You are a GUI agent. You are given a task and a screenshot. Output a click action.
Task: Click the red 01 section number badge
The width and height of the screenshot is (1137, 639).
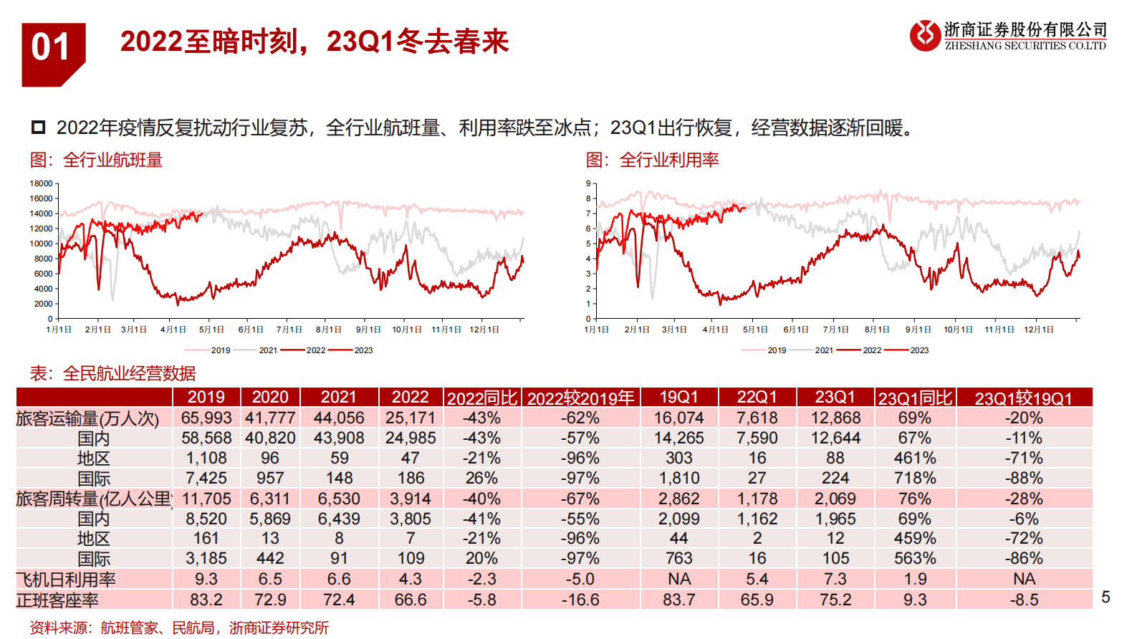[x=52, y=50]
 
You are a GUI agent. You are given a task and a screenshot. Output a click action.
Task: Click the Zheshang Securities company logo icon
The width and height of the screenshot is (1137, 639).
[x=924, y=35]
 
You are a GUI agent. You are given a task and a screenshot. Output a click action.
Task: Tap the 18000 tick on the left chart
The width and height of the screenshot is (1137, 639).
[x=41, y=183]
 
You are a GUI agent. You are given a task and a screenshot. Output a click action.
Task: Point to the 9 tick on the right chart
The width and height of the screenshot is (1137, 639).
[x=588, y=183]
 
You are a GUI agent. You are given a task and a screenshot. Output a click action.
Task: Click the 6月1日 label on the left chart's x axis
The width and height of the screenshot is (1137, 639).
[x=250, y=330]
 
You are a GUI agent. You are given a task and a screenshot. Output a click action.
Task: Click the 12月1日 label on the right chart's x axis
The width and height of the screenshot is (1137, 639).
[x=1038, y=330]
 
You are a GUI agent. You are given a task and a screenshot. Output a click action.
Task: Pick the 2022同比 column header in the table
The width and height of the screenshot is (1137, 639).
[x=481, y=398]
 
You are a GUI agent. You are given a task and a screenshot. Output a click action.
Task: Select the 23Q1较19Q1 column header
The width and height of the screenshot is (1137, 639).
[x=1023, y=398]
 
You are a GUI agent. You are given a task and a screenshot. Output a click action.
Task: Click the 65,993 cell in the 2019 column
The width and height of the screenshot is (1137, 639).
[x=206, y=418]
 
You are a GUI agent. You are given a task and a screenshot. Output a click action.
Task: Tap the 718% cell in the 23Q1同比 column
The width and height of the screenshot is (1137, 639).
[x=914, y=478]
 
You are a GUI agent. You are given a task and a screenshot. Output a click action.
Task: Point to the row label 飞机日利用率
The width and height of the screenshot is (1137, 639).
[x=66, y=579]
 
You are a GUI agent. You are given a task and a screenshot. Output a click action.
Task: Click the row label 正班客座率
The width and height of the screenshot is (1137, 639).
[x=57, y=600]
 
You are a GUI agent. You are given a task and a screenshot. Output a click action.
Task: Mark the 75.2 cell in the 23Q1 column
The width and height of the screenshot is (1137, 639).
[x=835, y=600]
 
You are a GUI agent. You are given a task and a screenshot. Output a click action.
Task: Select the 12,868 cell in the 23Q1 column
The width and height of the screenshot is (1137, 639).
[x=835, y=418]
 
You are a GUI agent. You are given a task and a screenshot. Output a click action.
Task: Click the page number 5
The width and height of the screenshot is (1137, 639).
[x=1105, y=597]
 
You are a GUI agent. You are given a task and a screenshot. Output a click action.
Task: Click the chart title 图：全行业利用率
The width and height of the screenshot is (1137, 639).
[x=652, y=160]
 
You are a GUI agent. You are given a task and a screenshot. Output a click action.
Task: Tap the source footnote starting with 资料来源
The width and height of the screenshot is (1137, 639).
[x=179, y=628]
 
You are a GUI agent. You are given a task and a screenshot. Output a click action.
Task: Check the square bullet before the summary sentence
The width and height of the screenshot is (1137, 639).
[x=38, y=128]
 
